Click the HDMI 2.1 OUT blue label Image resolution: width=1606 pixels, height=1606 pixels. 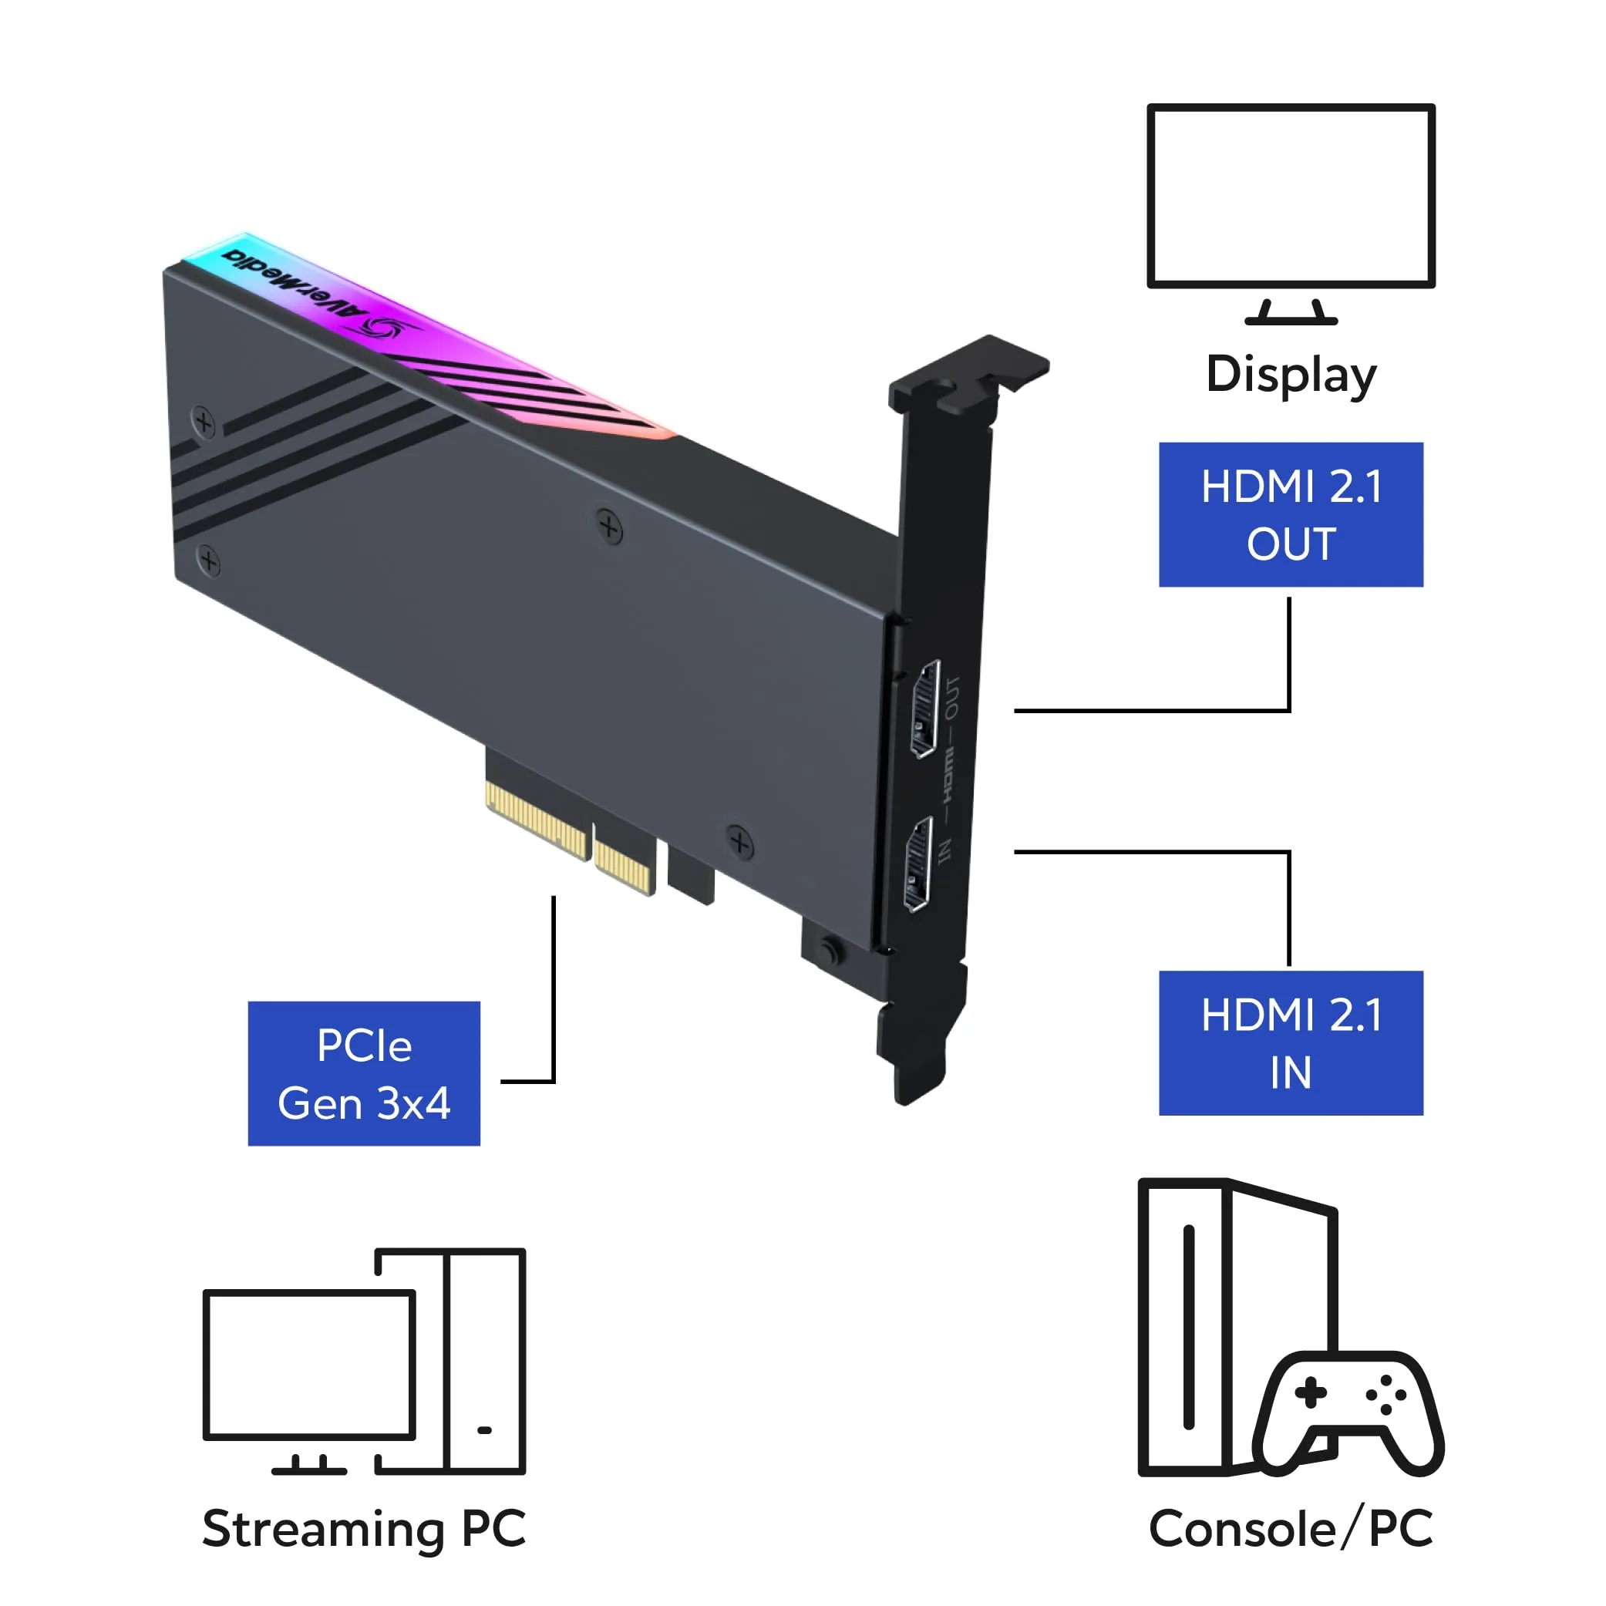click(x=1291, y=514)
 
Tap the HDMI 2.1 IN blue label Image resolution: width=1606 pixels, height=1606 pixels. click(x=1291, y=1043)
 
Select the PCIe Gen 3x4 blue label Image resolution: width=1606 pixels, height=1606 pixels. click(x=364, y=1074)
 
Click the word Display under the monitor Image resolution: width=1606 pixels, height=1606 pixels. click(x=1291, y=375)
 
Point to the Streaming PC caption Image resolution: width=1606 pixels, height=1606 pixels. click(x=364, y=1529)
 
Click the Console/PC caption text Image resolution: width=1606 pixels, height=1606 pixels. click(x=1291, y=1528)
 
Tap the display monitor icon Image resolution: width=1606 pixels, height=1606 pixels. click(x=1291, y=214)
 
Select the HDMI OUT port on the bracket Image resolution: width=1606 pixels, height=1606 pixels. click(x=925, y=709)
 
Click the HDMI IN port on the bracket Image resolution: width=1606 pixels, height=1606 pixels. click(x=918, y=864)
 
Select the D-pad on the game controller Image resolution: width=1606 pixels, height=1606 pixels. click(x=1311, y=1393)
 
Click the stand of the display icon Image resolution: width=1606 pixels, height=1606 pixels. click(x=1291, y=311)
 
